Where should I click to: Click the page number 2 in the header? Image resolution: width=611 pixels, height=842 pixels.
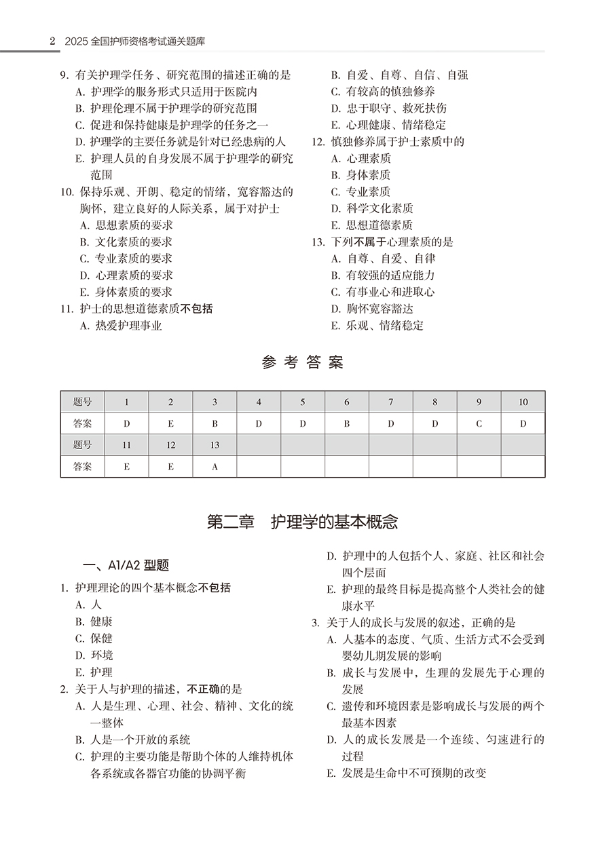[52, 41]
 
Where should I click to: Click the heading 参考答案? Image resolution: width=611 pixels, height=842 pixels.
[302, 362]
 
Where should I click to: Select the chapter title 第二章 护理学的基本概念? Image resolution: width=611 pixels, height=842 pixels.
[302, 522]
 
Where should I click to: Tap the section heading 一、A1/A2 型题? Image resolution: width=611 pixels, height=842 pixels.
[126, 565]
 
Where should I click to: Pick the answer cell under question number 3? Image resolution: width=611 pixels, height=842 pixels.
[215, 423]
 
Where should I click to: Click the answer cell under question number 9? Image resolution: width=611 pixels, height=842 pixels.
[479, 423]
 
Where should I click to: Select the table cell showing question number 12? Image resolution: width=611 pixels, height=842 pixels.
[170, 445]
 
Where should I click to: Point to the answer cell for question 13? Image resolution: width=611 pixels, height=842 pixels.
[215, 467]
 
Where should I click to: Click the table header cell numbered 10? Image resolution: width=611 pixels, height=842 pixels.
[523, 402]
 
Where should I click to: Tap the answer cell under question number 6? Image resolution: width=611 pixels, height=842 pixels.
[346, 423]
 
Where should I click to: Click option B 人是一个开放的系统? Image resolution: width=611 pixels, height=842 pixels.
[133, 740]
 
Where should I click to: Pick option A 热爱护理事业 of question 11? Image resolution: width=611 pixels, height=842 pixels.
[121, 326]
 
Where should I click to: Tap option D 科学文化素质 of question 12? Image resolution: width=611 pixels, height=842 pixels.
[372, 208]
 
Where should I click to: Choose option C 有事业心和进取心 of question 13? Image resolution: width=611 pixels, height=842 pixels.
[383, 292]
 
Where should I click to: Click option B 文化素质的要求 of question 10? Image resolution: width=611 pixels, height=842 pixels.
[126, 242]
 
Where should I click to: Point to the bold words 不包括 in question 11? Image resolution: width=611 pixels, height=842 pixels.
[198, 309]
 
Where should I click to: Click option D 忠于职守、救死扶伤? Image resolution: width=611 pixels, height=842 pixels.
[388, 108]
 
